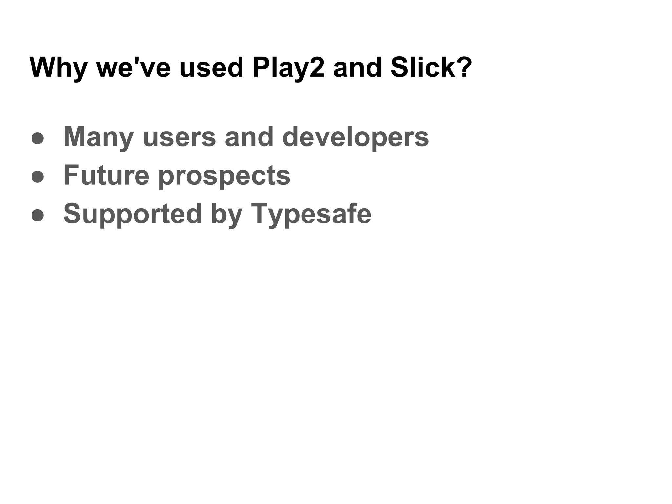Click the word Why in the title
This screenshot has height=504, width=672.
click(58, 68)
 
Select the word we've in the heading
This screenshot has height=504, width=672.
click(134, 68)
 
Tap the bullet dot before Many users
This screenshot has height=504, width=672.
click(37, 138)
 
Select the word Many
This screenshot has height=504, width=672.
click(99, 137)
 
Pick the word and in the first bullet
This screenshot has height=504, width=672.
click(249, 137)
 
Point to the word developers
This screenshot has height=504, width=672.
click(355, 137)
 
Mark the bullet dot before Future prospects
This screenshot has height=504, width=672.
click(37, 177)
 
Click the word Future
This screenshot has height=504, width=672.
click(106, 175)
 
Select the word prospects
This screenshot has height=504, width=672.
click(224, 176)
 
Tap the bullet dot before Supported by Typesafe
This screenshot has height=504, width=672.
click(37, 215)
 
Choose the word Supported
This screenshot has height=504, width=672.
click(132, 214)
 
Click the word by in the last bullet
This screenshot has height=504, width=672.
click(226, 214)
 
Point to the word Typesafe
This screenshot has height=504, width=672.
click(311, 214)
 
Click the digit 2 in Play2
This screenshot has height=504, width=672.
click(317, 68)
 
